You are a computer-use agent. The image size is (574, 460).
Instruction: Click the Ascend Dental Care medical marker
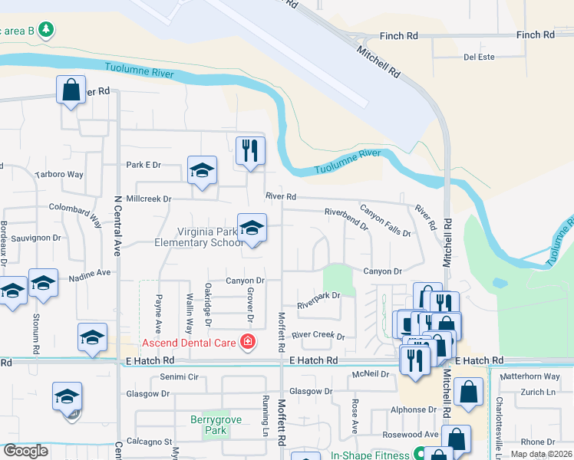pyautogui.click(x=247, y=342)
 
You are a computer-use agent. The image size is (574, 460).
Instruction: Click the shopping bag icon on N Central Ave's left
pyautogui.click(x=71, y=90)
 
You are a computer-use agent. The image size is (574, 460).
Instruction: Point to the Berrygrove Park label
pyautogui.click(x=209, y=425)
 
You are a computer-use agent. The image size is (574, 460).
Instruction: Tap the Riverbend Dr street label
pyautogui.click(x=346, y=218)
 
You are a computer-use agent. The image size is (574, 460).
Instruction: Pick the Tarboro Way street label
pyautogui.click(x=59, y=174)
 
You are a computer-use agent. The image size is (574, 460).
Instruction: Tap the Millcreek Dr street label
pyautogui.click(x=147, y=199)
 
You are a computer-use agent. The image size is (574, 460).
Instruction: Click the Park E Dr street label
pyautogui.click(x=143, y=165)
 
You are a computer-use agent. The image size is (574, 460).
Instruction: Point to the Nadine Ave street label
pyautogui.click(x=90, y=272)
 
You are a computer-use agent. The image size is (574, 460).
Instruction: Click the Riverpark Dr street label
pyautogui.click(x=319, y=295)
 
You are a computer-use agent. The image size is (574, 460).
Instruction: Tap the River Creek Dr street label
pyautogui.click(x=318, y=336)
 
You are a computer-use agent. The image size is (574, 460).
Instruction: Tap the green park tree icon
pyautogui.click(x=48, y=29)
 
